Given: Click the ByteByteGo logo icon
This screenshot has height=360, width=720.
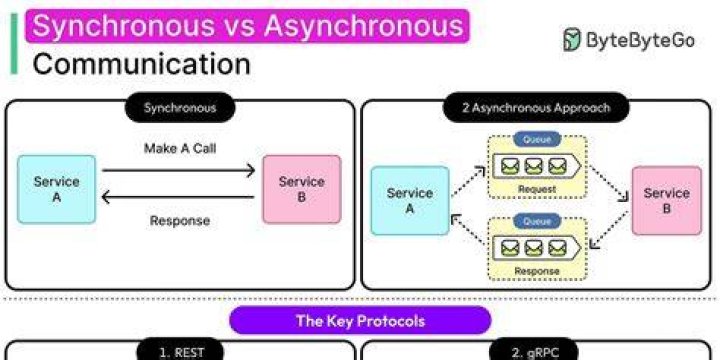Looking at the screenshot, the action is click(x=572, y=39).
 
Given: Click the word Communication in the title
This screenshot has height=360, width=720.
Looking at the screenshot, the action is click(x=141, y=64).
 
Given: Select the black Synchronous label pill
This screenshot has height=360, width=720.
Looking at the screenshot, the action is click(x=180, y=108).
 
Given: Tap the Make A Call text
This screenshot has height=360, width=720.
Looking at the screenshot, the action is click(x=180, y=148).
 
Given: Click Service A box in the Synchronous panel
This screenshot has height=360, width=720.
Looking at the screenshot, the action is click(x=56, y=189).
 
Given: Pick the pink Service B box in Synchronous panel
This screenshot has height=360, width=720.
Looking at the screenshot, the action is click(x=302, y=189).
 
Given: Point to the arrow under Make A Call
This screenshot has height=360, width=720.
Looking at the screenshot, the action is click(x=178, y=170).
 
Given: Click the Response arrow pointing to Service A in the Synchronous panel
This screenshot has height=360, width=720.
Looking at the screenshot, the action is click(x=178, y=197).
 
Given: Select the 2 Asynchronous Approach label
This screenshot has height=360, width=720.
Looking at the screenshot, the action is click(x=536, y=108).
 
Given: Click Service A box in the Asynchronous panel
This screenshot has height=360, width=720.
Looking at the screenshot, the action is click(x=410, y=201).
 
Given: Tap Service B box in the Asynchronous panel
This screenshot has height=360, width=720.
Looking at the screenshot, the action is click(x=667, y=201).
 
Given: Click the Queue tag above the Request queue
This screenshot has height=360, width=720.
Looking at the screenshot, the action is click(x=537, y=140).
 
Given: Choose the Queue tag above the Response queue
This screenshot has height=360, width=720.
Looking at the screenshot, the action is click(x=537, y=221).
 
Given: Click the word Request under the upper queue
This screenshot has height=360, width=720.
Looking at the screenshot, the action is click(x=537, y=189).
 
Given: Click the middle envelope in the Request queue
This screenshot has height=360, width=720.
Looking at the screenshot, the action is click(x=534, y=166).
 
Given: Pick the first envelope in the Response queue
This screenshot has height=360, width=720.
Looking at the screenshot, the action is click(x=510, y=248).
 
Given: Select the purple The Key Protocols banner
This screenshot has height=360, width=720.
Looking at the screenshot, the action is click(x=360, y=321).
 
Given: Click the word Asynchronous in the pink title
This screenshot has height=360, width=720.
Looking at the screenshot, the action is click(x=364, y=26).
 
